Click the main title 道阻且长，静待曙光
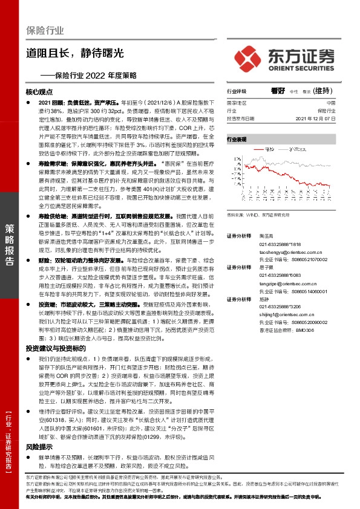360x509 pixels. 76,53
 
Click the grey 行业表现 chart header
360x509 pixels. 237,139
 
